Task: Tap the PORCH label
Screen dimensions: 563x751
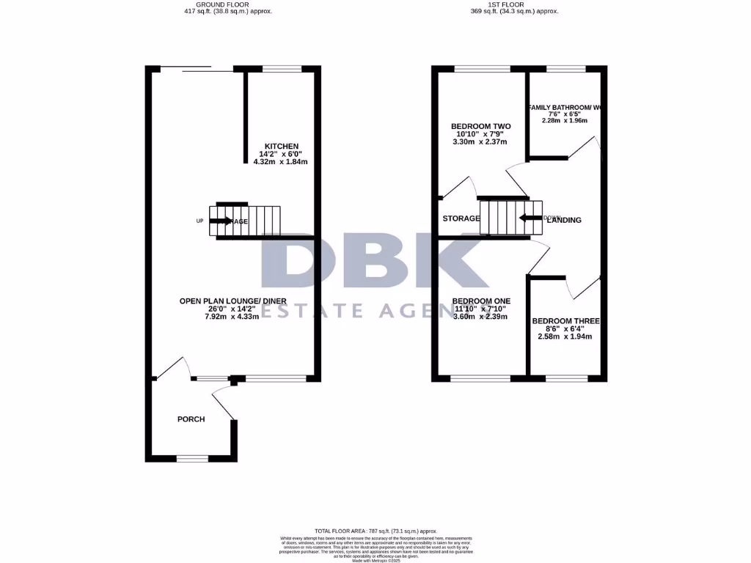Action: (x=191, y=419)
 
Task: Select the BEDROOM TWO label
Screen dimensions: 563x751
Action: (x=480, y=126)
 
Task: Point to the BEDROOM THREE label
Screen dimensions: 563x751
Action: (x=565, y=321)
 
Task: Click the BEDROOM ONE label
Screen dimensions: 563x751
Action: (x=481, y=301)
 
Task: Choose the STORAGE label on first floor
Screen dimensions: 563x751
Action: (x=461, y=218)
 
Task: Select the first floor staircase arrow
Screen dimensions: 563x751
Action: (x=530, y=218)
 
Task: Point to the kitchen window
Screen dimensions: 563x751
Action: (x=282, y=69)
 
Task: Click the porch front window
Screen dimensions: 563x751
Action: (x=193, y=458)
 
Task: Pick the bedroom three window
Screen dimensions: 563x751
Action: (x=567, y=378)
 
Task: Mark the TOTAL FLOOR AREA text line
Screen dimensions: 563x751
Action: (x=375, y=531)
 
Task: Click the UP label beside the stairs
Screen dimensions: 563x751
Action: (x=199, y=221)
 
